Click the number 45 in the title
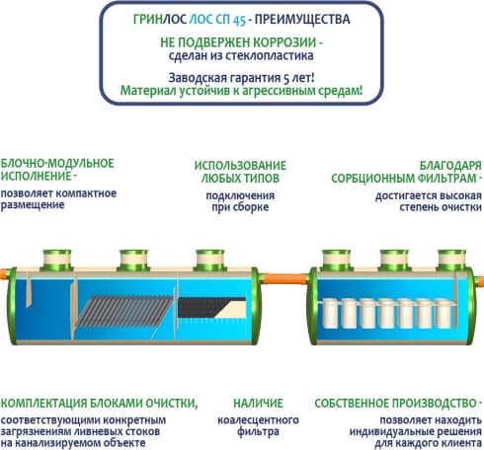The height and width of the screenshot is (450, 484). pyautogui.click(x=239, y=21)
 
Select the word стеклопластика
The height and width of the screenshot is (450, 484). pyautogui.click(x=269, y=55)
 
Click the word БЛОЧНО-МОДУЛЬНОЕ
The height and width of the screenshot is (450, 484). pyautogui.click(x=57, y=164)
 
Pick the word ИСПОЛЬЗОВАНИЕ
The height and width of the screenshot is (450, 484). pyautogui.click(x=240, y=166)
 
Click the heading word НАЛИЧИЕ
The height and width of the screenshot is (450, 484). pyautogui.click(x=258, y=403)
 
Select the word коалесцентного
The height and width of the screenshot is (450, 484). pyautogui.click(x=258, y=420)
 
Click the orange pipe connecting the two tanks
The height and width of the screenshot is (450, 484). pyautogui.click(x=285, y=279)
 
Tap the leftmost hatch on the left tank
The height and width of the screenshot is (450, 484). pyautogui.click(x=57, y=260)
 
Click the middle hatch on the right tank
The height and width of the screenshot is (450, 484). pyautogui.click(x=394, y=261)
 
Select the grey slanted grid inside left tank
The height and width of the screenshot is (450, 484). pyautogui.click(x=124, y=311)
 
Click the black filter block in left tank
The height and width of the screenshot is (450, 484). pyautogui.click(x=211, y=307)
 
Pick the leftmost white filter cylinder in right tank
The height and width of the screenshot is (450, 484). pyautogui.click(x=329, y=313)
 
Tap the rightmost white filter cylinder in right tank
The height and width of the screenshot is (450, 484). pyautogui.click(x=443, y=313)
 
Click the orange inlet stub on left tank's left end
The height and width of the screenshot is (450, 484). pyautogui.click(x=4, y=274)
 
